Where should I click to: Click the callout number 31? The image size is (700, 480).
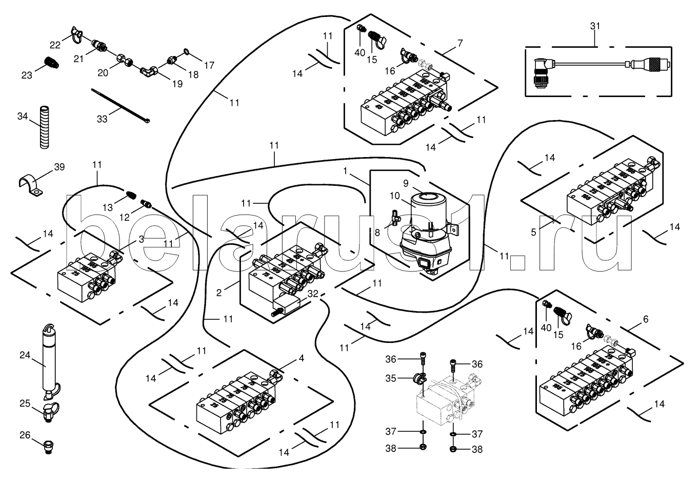[x=595, y=26]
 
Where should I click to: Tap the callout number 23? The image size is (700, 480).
[x=27, y=75]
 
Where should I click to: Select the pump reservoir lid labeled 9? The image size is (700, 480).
[x=426, y=195]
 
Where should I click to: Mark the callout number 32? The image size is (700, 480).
[x=313, y=294]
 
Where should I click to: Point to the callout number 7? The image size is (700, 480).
[x=460, y=43]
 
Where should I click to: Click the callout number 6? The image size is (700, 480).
[x=645, y=319]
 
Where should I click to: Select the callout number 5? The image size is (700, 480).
[x=533, y=232]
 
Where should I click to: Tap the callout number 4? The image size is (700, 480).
[x=301, y=358]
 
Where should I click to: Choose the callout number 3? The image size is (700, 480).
[x=141, y=239]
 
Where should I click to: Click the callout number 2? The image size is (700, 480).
[x=219, y=293]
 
